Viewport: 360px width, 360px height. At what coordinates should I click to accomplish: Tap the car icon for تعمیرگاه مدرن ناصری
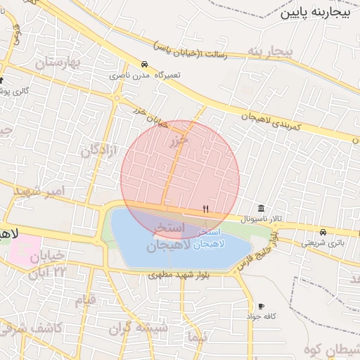click(x=144, y=64)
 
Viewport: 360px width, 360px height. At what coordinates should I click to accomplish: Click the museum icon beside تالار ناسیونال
click(x=262, y=209)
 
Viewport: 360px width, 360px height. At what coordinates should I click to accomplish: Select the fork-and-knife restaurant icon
click(x=205, y=209)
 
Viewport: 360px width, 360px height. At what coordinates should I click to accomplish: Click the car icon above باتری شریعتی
click(x=323, y=232)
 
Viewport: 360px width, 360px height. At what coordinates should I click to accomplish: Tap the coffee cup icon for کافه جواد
click(x=262, y=307)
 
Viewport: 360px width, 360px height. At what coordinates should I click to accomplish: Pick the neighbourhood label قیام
click(x=85, y=301)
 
